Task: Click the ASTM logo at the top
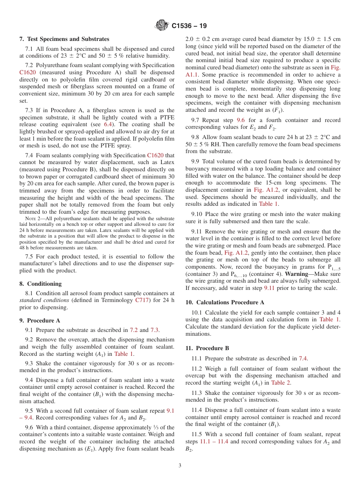pyautogui.click(x=162, y=26)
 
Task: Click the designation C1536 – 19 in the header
pyautogui.click(x=189, y=26)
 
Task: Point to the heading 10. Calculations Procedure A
pyautogui.click(x=225, y=302)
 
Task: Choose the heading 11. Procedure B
pyautogui.click(x=207, y=348)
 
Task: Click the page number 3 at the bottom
pyautogui.click(x=180, y=465)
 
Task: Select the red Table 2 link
pyautogui.click(x=281, y=382)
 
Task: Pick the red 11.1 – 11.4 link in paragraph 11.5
pyautogui.click(x=214, y=441)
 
